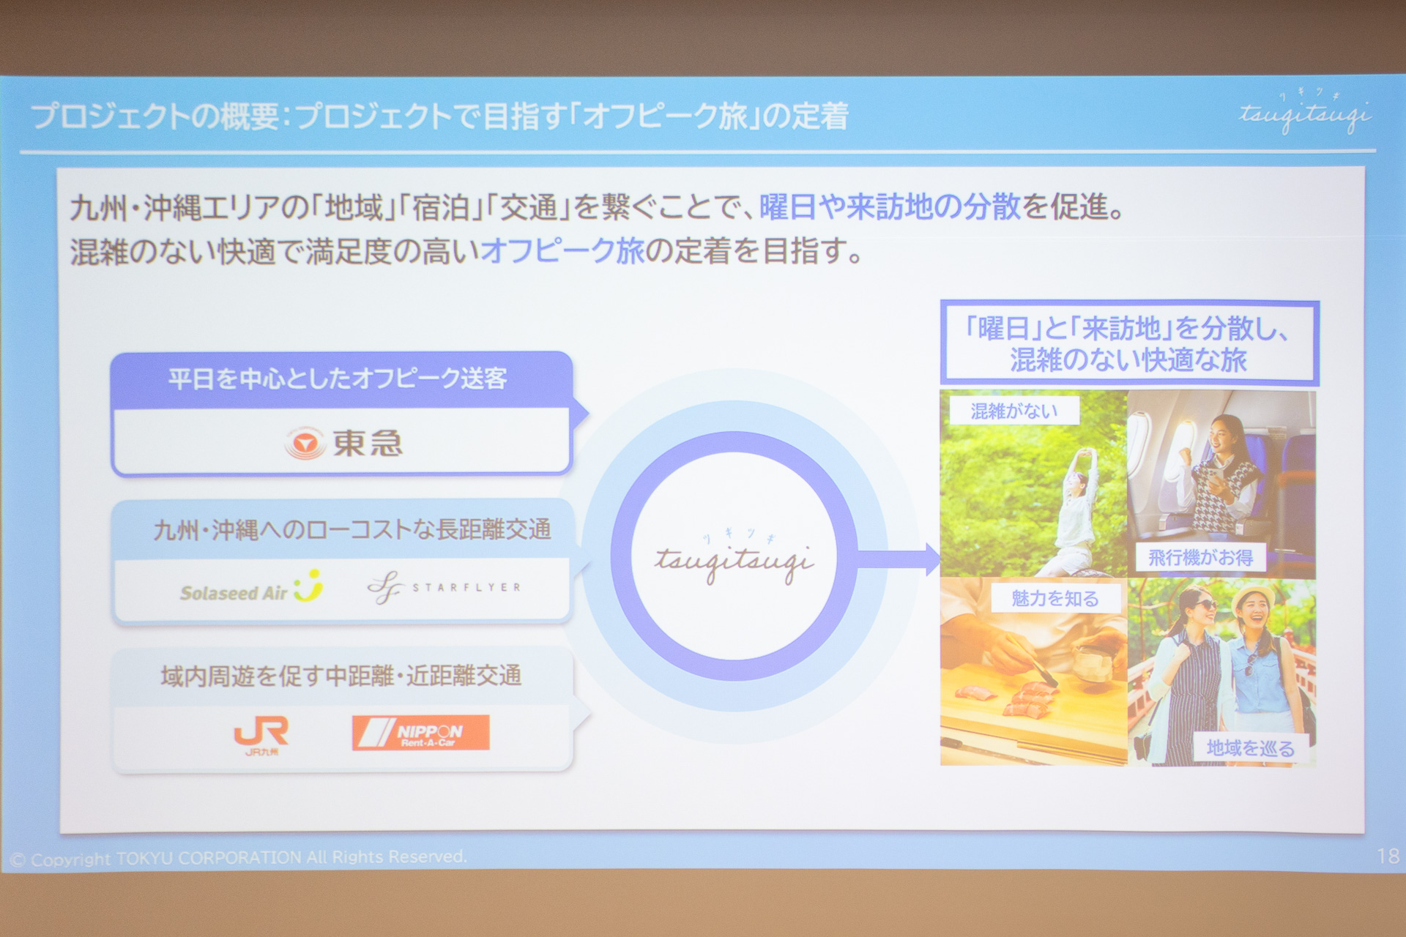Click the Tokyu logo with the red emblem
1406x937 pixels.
[343, 443]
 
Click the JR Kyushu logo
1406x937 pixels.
[261, 733]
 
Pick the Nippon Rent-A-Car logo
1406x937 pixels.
[420, 732]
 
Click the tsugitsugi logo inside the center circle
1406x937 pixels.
[734, 560]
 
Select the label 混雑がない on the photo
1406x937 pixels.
[1014, 411]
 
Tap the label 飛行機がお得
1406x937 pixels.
[1200, 558]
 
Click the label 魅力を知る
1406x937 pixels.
[1055, 599]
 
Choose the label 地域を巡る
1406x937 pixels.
[1250, 747]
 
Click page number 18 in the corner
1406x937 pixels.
[1387, 856]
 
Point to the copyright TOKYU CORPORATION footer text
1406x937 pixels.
[239, 858]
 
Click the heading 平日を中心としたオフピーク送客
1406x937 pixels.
[338, 378]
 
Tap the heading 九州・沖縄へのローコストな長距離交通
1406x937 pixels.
[351, 529]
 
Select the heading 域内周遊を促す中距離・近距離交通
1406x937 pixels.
[341, 676]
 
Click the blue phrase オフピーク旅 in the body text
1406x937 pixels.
[562, 251]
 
